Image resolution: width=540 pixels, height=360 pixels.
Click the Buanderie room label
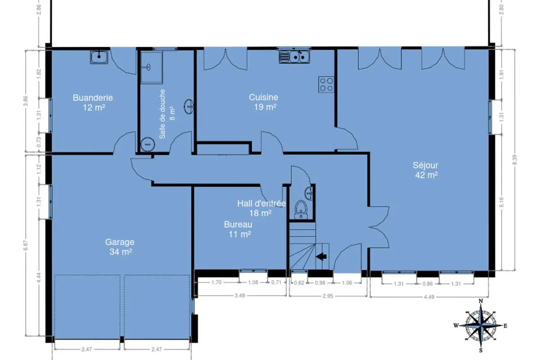[93, 103]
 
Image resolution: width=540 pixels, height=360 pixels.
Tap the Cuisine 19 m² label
[264, 102]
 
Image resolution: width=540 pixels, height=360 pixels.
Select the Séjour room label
[426, 170]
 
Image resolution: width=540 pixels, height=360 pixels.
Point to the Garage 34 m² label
[120, 247]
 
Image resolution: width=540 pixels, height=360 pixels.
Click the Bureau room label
[238, 229]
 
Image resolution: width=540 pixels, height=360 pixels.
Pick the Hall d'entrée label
[261, 208]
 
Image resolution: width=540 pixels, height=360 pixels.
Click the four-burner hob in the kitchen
[326, 85]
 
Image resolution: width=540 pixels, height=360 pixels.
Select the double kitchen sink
[294, 57]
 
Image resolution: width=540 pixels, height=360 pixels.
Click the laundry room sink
[99, 57]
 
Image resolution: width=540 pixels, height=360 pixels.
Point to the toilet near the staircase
[301, 209]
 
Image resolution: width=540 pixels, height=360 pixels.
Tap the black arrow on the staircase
[321, 256]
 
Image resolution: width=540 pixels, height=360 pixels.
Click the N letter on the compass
[481, 301]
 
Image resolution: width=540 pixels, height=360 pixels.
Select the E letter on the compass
[505, 326]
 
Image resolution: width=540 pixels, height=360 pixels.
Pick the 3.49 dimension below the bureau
[240, 296]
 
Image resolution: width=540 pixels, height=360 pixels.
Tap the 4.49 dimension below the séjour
[429, 297]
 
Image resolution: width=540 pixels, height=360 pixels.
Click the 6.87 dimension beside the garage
[26, 245]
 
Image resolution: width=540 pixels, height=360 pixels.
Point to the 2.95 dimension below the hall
[328, 296]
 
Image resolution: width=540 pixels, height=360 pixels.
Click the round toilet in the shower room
[148, 144]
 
